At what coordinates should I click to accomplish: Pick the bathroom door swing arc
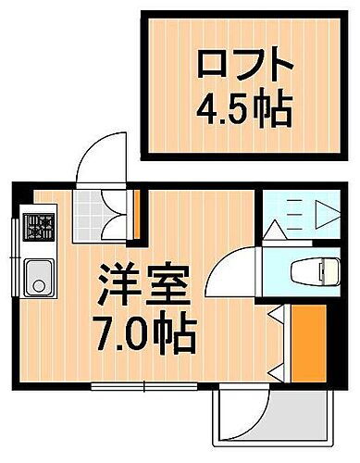click(227, 278)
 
